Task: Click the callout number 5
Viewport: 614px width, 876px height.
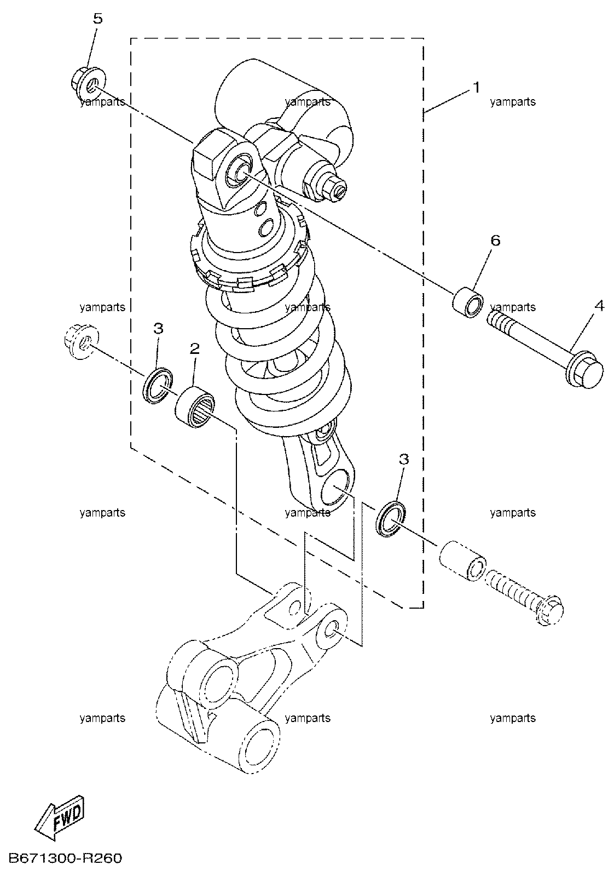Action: (x=97, y=19)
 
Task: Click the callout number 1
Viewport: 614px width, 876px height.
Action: (x=476, y=88)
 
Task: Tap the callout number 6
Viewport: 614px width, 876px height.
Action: (x=495, y=241)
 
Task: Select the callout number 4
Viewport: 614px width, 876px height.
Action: (x=599, y=306)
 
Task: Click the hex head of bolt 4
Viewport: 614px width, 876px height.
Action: (x=584, y=369)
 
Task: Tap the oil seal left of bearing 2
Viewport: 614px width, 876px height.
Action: (x=158, y=386)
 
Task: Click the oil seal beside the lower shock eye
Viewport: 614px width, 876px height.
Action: (x=391, y=519)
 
